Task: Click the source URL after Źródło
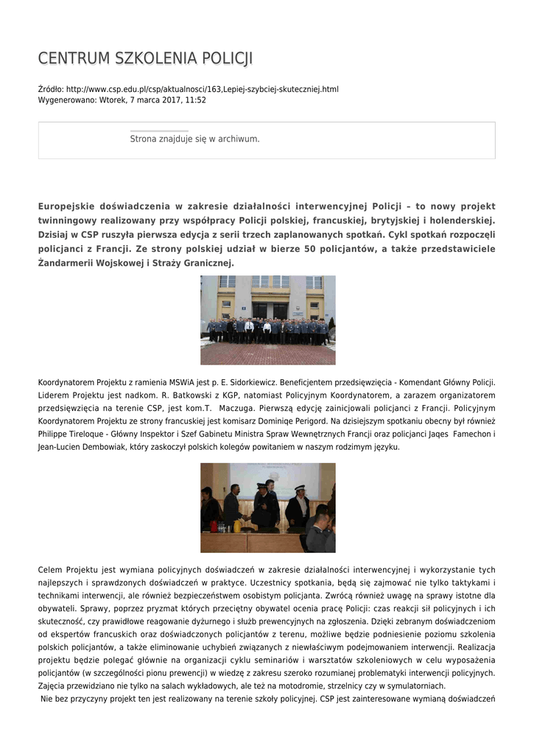pos(203,89)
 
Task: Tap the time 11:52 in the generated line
pos(196,99)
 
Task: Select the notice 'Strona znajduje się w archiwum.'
pos(194,138)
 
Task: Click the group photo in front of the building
pos(267,320)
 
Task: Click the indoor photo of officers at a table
pos(267,507)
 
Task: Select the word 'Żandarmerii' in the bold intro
pos(68,263)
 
